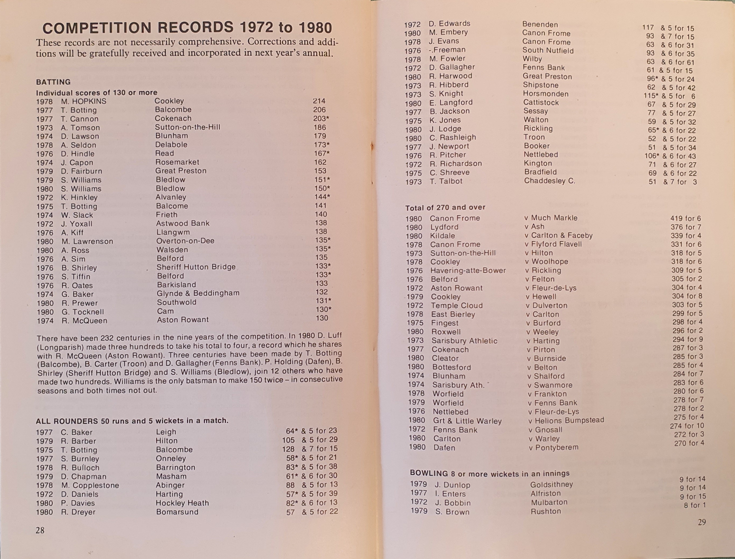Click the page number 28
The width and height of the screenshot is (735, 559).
(40, 530)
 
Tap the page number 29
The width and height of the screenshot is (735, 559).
(701, 522)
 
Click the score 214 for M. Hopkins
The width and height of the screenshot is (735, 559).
(319, 101)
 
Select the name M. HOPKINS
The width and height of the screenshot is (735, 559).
(83, 101)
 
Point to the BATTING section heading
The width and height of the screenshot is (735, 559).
(53, 82)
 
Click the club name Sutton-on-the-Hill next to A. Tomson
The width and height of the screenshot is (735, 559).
(187, 127)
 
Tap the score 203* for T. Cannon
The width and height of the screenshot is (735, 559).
(321, 118)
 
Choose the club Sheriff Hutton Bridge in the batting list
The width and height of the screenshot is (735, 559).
(196, 267)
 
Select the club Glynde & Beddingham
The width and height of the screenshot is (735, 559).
(198, 293)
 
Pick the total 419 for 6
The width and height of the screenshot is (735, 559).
(686, 218)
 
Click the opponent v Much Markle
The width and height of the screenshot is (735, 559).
(551, 218)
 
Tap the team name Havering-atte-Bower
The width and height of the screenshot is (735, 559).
(468, 270)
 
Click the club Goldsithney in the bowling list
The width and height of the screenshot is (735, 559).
(552, 485)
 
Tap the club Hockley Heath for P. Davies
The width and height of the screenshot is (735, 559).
(182, 503)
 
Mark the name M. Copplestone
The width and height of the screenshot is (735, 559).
(90, 485)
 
